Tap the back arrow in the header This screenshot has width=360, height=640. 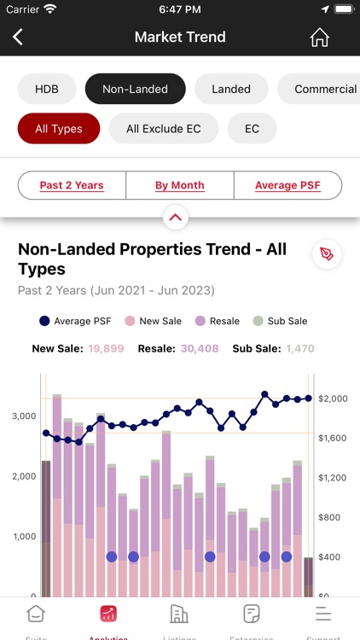tap(18, 38)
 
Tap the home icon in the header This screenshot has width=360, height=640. tap(319, 38)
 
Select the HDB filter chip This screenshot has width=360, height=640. tap(47, 89)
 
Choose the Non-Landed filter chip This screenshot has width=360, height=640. tap(135, 89)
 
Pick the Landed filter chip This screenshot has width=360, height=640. tap(231, 89)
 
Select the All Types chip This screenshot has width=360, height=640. tap(59, 129)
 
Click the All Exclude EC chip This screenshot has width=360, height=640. tap(164, 129)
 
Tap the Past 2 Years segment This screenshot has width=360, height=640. tap(72, 185)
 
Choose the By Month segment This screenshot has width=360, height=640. tap(179, 185)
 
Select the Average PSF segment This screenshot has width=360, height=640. tap(287, 185)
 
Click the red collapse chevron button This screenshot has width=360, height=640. tap(176, 218)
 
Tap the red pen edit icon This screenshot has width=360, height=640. tap(327, 254)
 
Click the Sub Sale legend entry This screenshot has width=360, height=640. tap(281, 322)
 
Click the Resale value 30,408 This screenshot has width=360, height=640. tap(200, 348)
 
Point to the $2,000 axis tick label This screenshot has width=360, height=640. tap(334, 399)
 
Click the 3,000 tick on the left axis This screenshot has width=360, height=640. tap(23, 416)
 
